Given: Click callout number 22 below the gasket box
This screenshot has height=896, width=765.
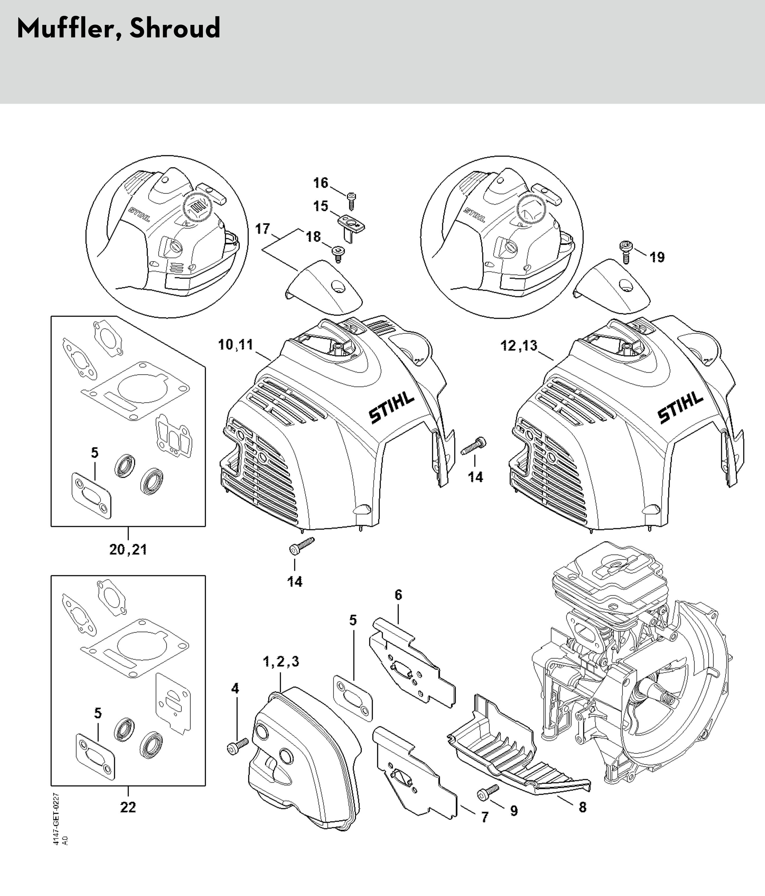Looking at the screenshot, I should tap(128, 807).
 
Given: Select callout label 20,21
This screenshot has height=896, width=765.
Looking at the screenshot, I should tap(128, 550).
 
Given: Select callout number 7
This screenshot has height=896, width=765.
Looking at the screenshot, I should tap(485, 817).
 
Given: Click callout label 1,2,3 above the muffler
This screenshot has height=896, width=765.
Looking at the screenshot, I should tap(281, 661).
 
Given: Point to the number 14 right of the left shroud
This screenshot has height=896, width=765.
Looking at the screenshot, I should tap(475, 477).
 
